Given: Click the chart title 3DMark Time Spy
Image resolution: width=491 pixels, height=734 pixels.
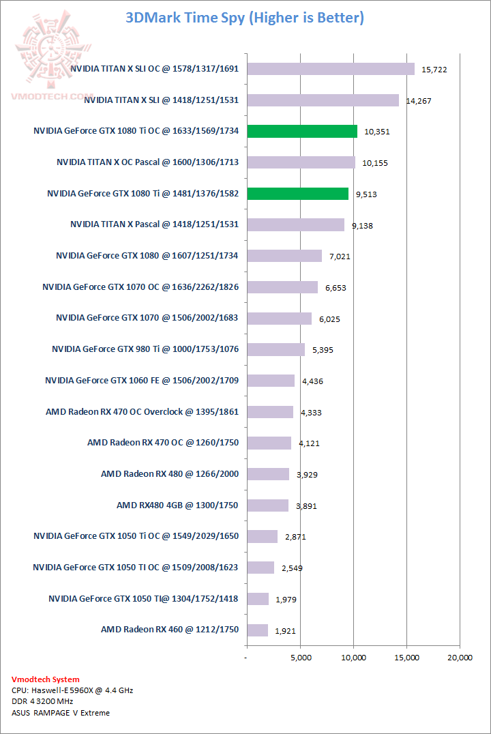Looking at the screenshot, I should pyautogui.click(x=245, y=18).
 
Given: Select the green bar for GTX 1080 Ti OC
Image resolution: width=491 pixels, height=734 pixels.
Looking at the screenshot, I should pyautogui.click(x=302, y=131).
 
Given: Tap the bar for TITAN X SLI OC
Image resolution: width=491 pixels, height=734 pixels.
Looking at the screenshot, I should pyautogui.click(x=331, y=69).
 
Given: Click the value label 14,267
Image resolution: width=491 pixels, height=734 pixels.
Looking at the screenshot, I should pyautogui.click(x=419, y=101).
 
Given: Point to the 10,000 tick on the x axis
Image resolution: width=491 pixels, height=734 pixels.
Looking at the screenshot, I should pyautogui.click(x=353, y=658).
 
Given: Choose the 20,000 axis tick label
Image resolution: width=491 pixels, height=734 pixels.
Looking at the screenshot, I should pyautogui.click(x=460, y=658).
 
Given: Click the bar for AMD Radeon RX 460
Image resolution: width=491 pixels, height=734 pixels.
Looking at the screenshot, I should pyautogui.click(x=258, y=630).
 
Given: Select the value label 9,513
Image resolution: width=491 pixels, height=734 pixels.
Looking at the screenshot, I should pyautogui.click(x=366, y=194).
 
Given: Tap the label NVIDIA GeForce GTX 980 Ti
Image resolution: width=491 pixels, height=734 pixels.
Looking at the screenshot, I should pyautogui.click(x=145, y=349).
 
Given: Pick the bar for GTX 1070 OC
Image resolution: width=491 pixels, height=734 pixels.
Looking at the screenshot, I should pyautogui.click(x=282, y=287).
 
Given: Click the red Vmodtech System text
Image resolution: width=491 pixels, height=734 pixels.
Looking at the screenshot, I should pyautogui.click(x=46, y=679).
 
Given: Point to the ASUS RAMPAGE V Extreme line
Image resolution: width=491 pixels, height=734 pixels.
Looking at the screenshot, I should pyautogui.click(x=61, y=713).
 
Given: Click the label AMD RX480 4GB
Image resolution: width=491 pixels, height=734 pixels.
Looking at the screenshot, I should pyautogui.click(x=177, y=505).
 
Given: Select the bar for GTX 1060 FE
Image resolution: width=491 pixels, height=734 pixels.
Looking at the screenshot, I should pyautogui.click(x=271, y=380).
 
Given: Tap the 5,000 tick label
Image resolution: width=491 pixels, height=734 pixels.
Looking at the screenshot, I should pyautogui.click(x=300, y=658).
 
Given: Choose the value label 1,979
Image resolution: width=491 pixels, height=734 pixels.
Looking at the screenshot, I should pyautogui.click(x=286, y=600).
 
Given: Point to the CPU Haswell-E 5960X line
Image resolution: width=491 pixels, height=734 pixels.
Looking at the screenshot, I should pyautogui.click(x=72, y=690).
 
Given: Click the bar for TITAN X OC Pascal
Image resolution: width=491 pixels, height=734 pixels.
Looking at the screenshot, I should pyautogui.click(x=301, y=162).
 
